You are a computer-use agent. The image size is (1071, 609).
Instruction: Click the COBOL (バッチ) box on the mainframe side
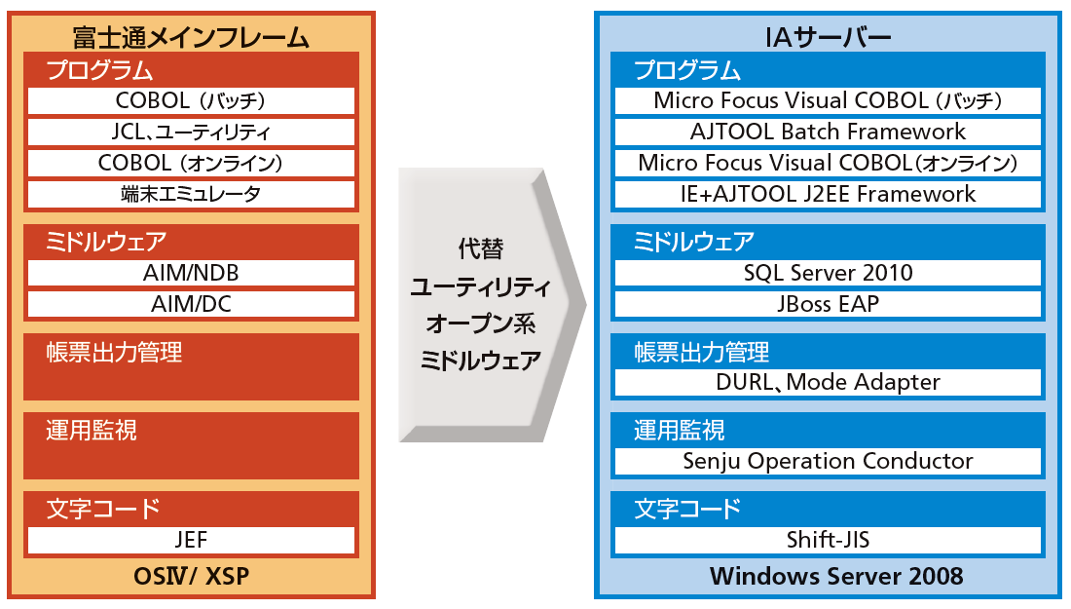tap(191, 100)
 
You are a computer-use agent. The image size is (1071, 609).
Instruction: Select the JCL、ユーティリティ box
tap(191, 132)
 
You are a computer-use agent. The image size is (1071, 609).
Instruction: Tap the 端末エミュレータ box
tap(191, 194)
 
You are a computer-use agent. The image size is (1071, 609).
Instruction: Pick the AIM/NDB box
tap(191, 273)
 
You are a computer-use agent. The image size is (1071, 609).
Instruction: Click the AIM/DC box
tap(191, 304)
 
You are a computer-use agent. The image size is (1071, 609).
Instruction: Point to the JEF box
tap(191, 540)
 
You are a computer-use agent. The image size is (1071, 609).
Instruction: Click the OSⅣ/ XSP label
tap(191, 577)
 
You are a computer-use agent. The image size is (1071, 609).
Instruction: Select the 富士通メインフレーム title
tap(191, 37)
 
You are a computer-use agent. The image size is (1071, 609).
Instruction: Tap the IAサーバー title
tap(828, 37)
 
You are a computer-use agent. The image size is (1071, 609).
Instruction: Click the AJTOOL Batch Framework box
tap(828, 132)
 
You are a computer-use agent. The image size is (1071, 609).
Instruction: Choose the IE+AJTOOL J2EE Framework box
tap(828, 194)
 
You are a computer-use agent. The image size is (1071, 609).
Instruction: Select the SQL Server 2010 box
tap(828, 273)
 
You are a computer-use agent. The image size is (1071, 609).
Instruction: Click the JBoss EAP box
tap(828, 304)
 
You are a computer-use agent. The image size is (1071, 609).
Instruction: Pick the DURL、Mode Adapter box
tap(828, 383)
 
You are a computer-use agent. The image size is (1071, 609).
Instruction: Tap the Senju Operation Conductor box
tap(828, 461)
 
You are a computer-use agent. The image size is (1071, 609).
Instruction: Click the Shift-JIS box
tap(828, 540)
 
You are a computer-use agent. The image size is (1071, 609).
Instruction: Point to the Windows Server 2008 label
tap(836, 576)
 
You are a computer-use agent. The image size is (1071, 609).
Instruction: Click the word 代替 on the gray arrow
tap(481, 248)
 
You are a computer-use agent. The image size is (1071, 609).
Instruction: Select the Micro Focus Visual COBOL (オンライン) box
tap(828, 163)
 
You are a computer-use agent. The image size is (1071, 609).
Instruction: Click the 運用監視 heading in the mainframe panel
tap(92, 431)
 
